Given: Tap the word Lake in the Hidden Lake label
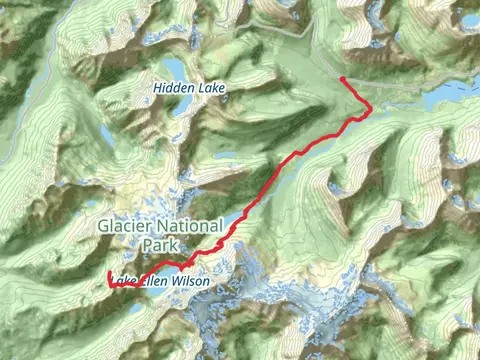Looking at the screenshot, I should (x=212, y=89).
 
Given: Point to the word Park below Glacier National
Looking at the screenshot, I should (x=160, y=245).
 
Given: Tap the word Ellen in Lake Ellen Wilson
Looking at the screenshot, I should (x=157, y=282).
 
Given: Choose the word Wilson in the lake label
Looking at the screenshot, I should (x=192, y=282).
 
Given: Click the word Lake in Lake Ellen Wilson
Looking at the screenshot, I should (x=126, y=282).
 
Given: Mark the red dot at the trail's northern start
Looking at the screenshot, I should (x=343, y=78).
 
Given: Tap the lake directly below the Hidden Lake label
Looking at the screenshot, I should (x=180, y=108).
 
